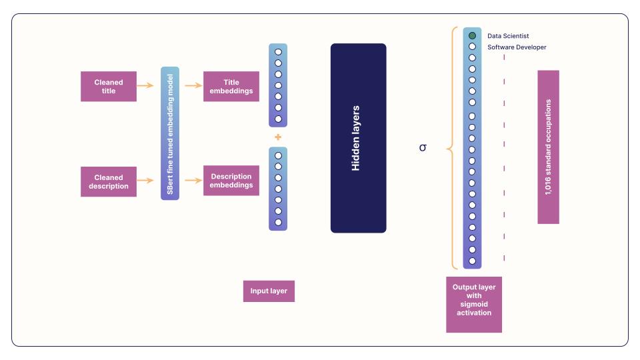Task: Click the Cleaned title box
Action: coord(109,87)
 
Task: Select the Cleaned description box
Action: coord(109,182)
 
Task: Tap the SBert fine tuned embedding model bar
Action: coord(170,133)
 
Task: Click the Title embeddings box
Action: coord(231,87)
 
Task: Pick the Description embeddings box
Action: coord(231,181)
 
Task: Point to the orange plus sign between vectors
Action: coord(278,137)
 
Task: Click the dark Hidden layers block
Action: coord(358,138)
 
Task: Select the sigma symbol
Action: coord(423,147)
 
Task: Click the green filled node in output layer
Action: coord(472,35)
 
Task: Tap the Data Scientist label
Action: coord(508,36)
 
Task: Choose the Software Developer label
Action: coord(517,47)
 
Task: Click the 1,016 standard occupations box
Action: coord(548,147)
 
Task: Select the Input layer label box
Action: coord(269,291)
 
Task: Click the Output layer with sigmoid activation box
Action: coord(474,300)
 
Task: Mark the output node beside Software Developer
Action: coord(472,47)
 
